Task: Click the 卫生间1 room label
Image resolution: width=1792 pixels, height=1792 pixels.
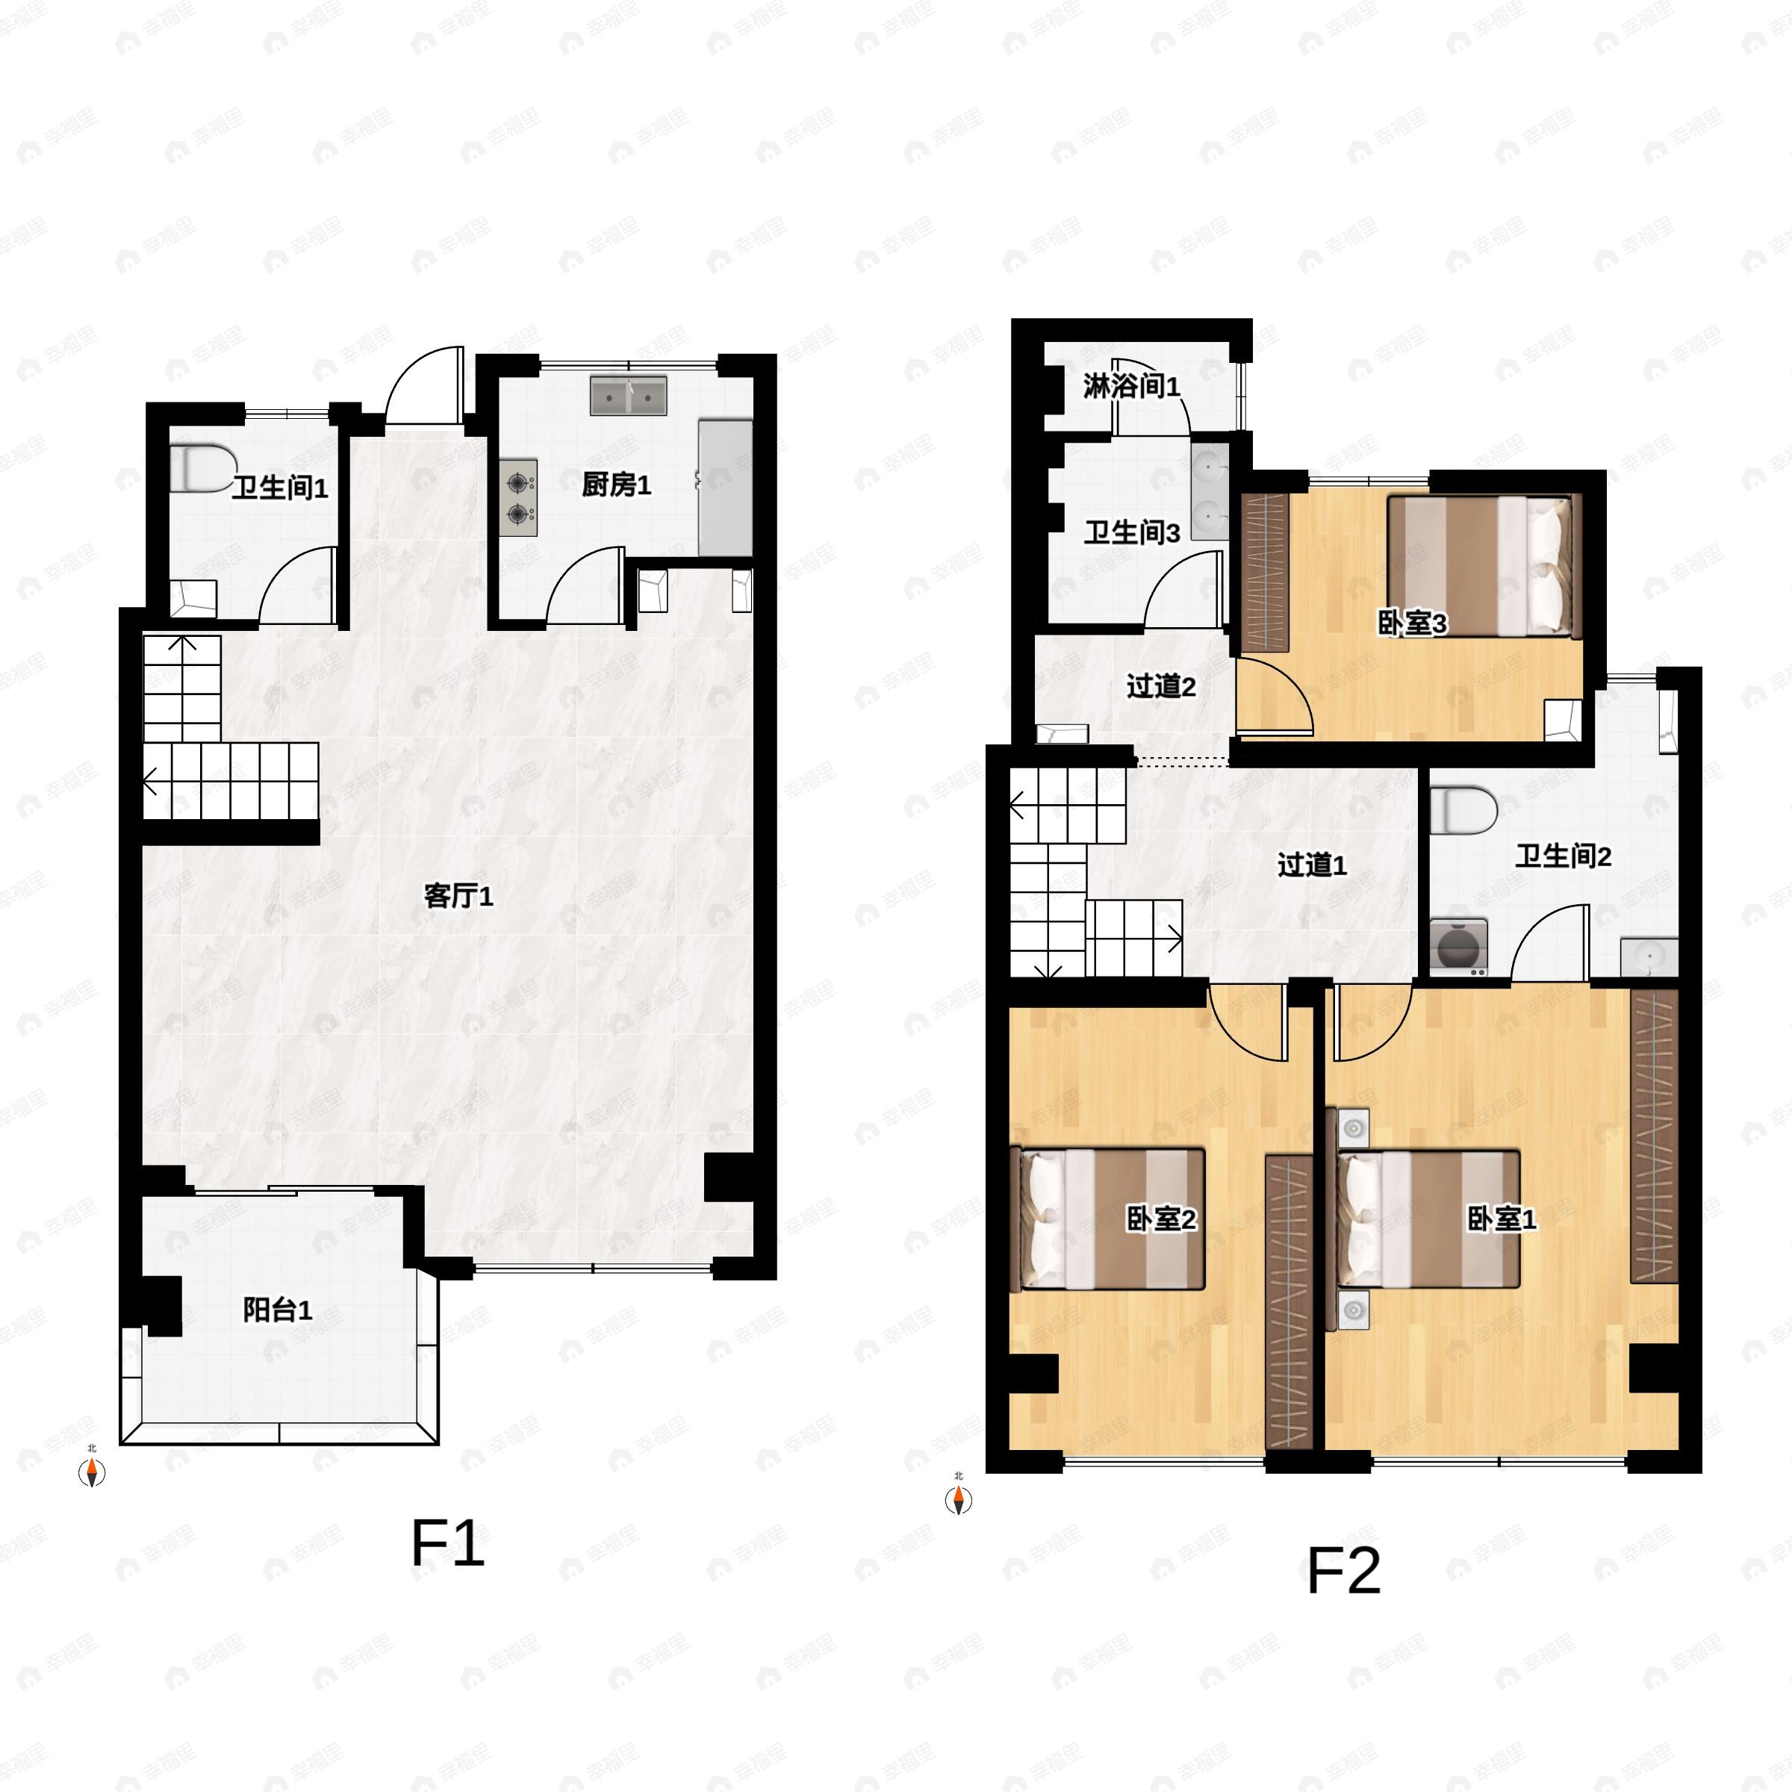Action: point(279,488)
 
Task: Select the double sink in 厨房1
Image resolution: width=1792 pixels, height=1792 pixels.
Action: point(629,396)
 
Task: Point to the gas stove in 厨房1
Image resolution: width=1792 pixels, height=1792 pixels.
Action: point(518,498)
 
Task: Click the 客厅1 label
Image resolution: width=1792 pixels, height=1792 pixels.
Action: point(458,896)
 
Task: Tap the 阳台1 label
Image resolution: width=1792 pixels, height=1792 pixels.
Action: point(277,1310)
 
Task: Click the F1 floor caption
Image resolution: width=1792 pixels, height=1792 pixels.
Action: point(448,1544)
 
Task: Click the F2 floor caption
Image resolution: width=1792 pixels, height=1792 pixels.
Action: point(1344,1571)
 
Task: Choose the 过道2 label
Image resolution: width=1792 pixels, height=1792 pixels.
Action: point(1160,686)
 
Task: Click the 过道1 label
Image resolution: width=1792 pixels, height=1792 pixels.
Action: point(1312,865)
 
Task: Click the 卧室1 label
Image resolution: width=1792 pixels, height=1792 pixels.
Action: point(1502,1219)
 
